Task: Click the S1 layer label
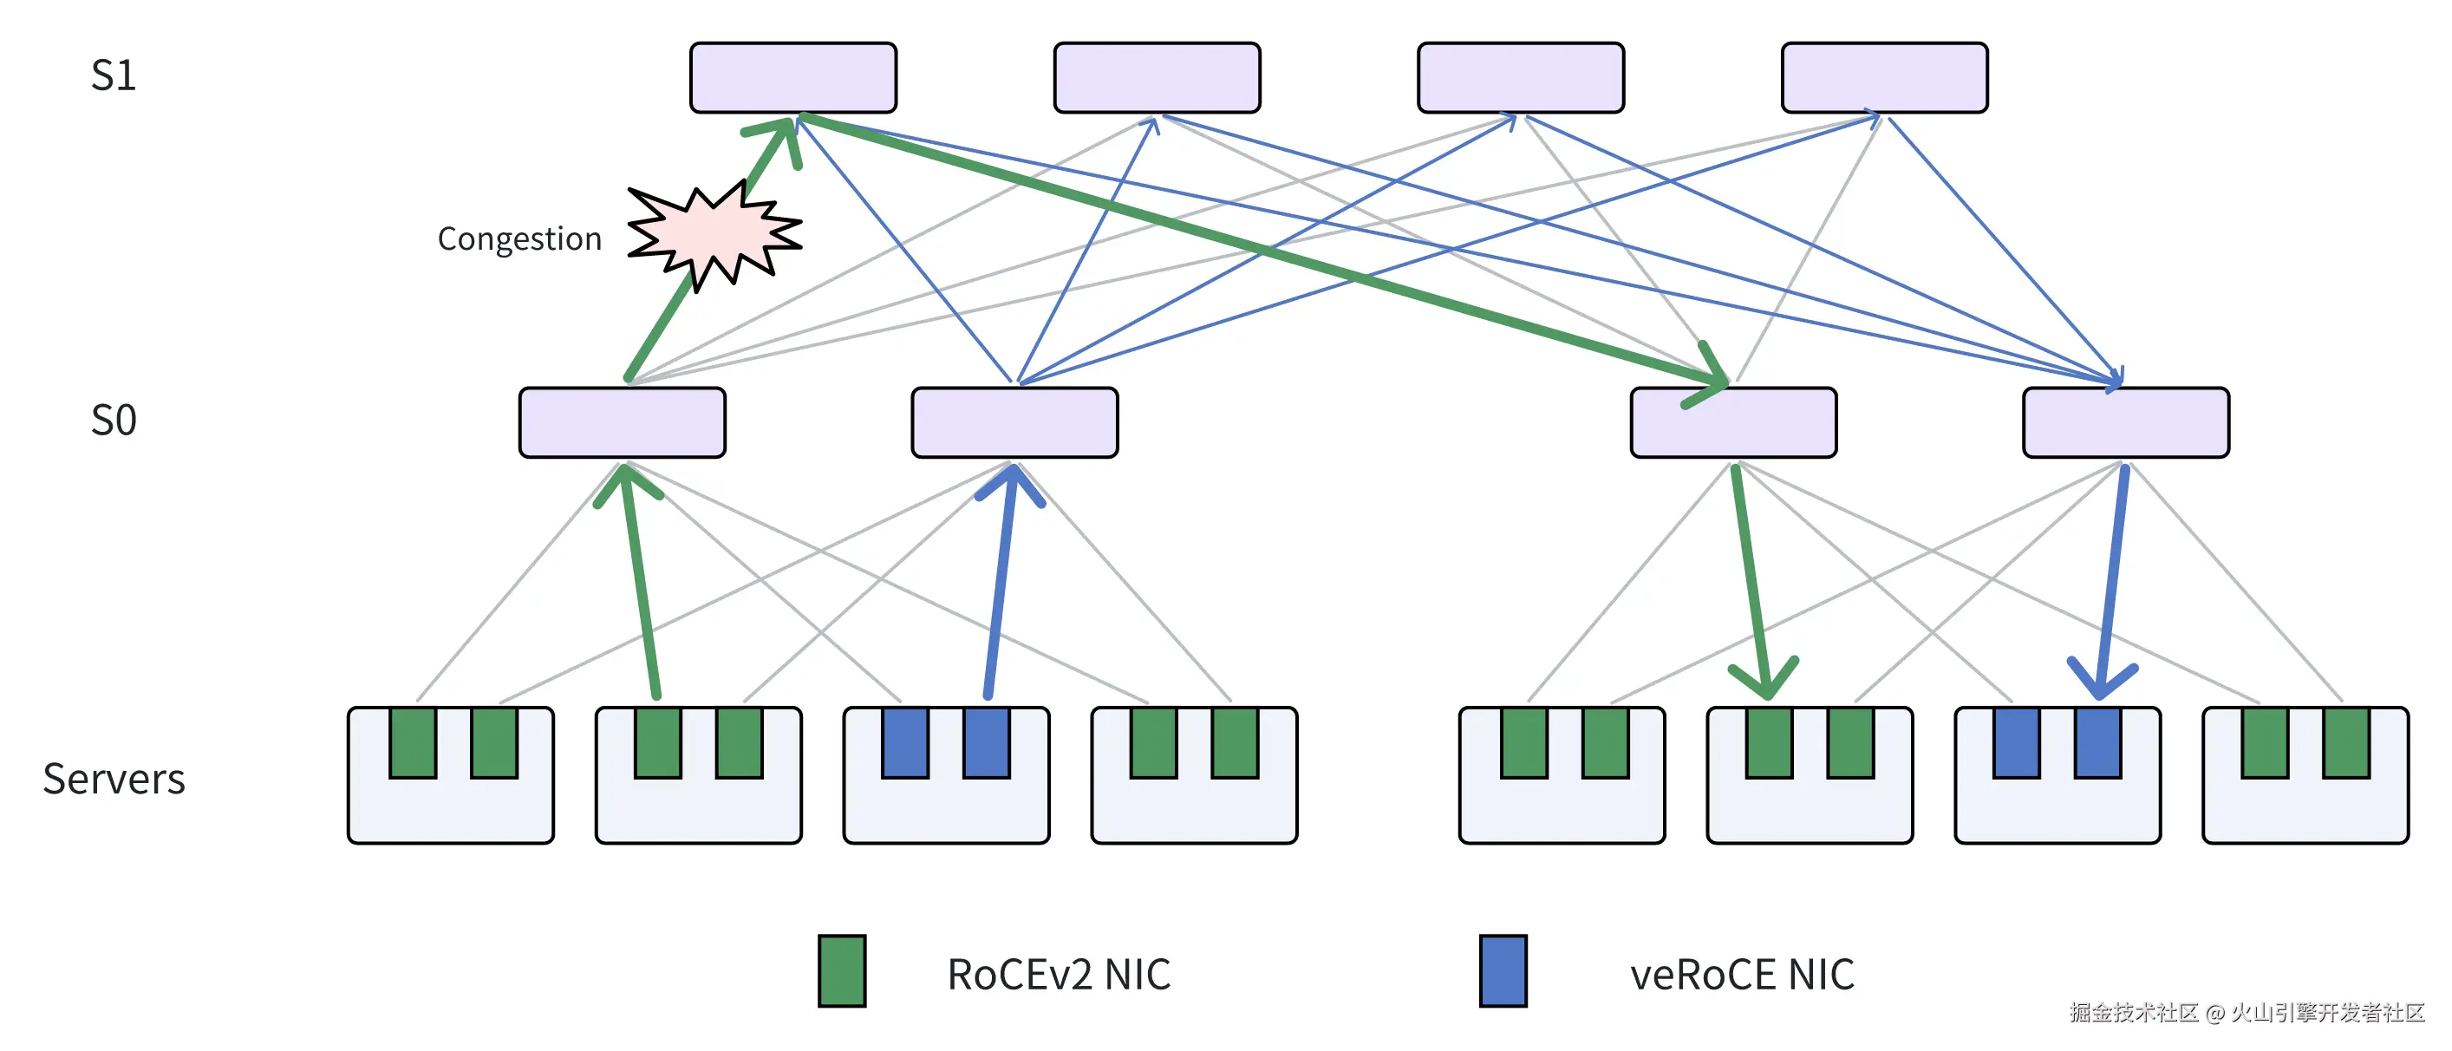[114, 75]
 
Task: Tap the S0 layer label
[114, 420]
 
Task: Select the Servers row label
[114, 779]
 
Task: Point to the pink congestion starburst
[714, 234]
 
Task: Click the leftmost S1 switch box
[792, 77]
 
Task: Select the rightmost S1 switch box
[1884, 77]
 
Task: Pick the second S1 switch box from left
[1157, 77]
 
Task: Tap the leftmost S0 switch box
[622, 421]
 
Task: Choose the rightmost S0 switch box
[2125, 421]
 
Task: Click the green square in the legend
[841, 971]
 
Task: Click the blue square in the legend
[1503, 971]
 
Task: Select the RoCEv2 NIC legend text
[1059, 974]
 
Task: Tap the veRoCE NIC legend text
[1742, 974]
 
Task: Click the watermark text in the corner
[2247, 1012]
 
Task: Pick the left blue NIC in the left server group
[905, 742]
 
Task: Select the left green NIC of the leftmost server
[413, 742]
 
